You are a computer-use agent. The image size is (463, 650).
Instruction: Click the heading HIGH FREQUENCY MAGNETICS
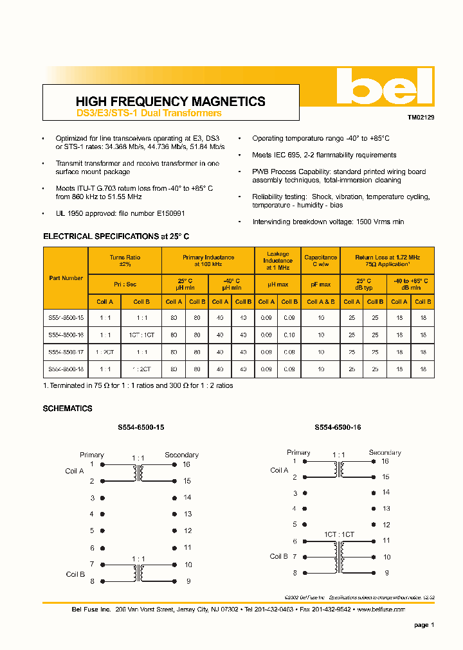170,101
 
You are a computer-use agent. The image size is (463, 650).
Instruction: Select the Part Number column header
66,278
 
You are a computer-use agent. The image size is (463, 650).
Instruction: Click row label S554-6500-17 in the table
66,352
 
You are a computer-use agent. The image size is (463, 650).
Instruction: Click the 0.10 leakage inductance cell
290,335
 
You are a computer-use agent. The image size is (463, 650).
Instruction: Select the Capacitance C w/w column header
320,261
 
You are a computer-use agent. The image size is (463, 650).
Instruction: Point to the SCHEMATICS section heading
68,408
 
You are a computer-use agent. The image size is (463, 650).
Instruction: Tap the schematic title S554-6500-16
338,427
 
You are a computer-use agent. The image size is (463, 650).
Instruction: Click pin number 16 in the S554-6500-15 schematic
186,464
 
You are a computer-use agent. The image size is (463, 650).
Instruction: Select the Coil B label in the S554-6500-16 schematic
279,556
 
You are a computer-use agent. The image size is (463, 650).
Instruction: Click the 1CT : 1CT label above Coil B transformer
339,534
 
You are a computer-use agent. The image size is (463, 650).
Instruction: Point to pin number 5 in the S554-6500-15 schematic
92,531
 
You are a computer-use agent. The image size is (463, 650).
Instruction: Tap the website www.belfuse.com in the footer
381,609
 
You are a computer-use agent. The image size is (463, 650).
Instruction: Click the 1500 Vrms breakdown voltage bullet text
328,222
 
